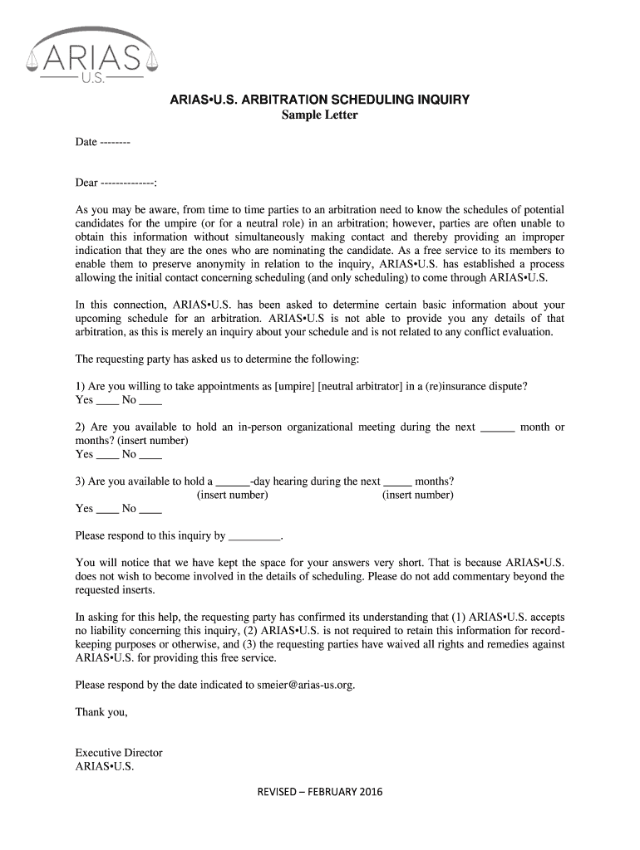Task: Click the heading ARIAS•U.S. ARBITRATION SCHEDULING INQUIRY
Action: pyautogui.click(x=320, y=100)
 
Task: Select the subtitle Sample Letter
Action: pyautogui.click(x=320, y=115)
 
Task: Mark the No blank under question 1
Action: pyautogui.click(x=150, y=400)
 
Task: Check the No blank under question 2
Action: pyautogui.click(x=150, y=454)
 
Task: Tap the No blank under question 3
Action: pyautogui.click(x=150, y=508)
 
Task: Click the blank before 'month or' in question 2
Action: pyautogui.click(x=498, y=428)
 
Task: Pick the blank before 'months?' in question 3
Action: pyautogui.click(x=397, y=482)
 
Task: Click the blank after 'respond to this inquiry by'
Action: pyautogui.click(x=254, y=536)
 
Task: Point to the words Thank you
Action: pyautogui.click(x=101, y=712)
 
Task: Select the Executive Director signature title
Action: pyautogui.click(x=119, y=753)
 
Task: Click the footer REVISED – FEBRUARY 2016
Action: pyautogui.click(x=320, y=792)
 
